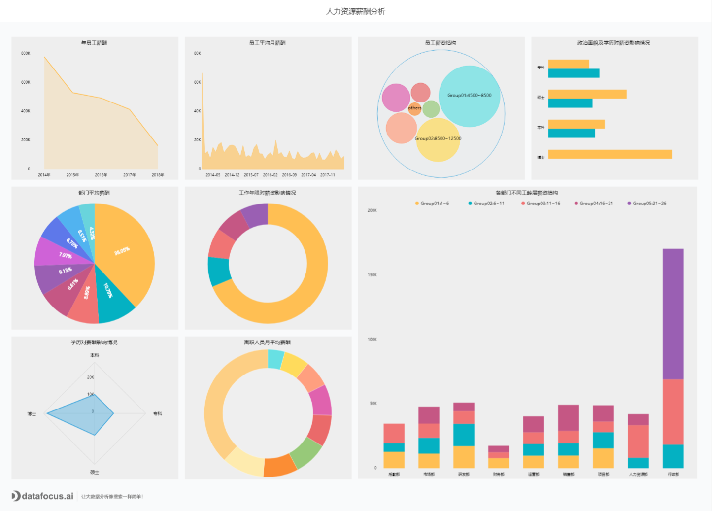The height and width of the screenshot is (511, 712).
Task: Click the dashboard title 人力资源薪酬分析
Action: pos(355,11)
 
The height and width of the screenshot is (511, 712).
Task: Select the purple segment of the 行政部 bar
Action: pos(673,314)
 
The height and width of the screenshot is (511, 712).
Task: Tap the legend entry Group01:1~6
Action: pos(434,203)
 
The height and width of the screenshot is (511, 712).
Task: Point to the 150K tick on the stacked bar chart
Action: pos(372,275)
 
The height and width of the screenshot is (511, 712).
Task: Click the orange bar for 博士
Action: pos(610,154)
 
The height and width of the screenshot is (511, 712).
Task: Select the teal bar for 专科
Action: pos(574,73)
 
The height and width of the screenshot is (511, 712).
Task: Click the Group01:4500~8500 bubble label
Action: pos(469,95)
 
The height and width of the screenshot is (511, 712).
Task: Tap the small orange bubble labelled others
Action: pos(414,108)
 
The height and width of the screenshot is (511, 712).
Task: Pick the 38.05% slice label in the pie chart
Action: pos(122,251)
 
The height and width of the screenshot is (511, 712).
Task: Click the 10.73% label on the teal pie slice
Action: pos(108,290)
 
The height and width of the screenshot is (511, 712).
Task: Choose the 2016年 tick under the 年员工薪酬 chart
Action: pos(101,175)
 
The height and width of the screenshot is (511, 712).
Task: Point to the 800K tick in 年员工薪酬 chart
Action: pos(26,53)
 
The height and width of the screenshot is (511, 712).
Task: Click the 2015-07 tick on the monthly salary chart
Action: pos(251,175)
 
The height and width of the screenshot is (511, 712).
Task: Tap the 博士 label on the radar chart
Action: pos(32,414)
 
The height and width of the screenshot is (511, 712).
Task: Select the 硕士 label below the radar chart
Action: pos(95,472)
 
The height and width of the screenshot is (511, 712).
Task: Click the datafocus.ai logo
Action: pos(43,496)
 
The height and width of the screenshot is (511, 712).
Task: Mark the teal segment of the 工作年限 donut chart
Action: pos(219,271)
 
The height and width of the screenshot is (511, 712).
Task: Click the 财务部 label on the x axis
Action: pos(499,474)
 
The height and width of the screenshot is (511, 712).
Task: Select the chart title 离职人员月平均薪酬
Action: pos(267,342)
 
